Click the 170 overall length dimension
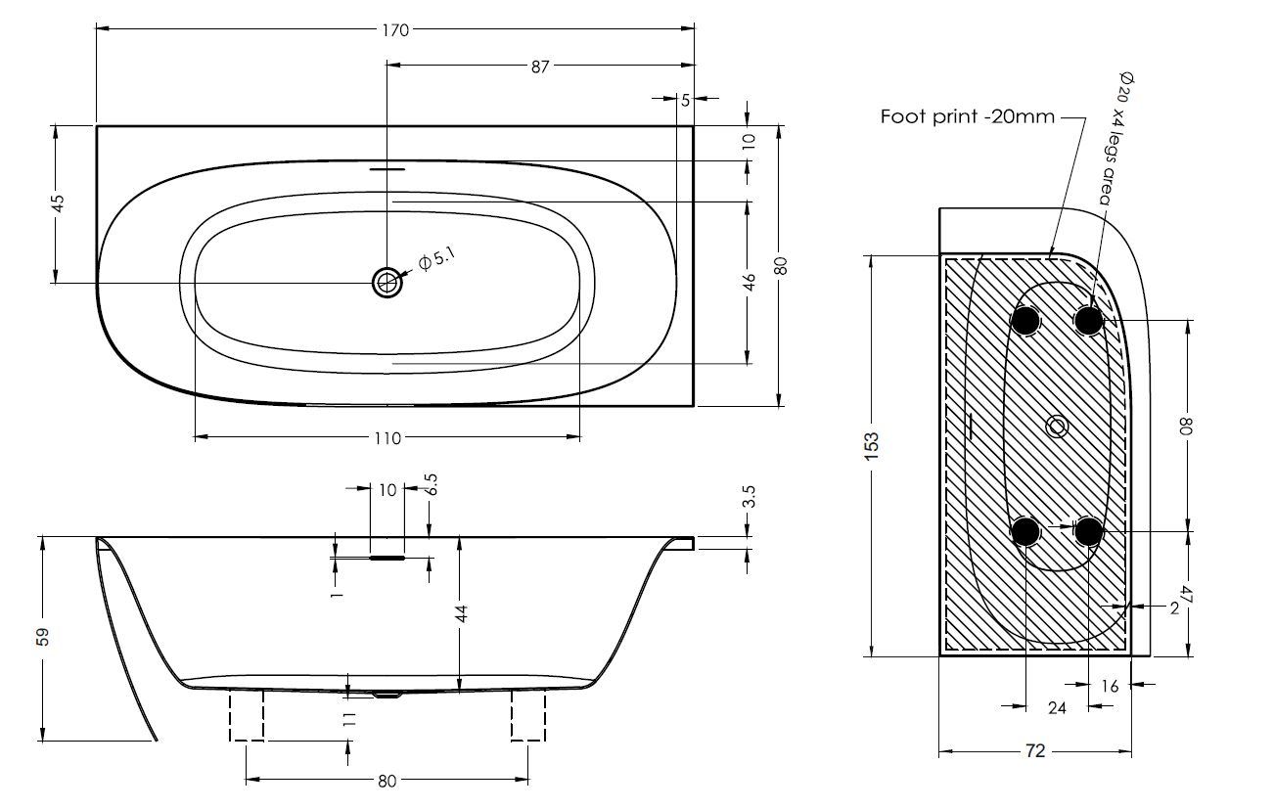pos(395,30)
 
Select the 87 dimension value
pos(540,66)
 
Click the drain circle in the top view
pos(387,283)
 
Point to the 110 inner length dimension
pos(387,437)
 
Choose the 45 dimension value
pos(57,203)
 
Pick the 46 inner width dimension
pos(750,283)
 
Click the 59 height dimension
pos(41,638)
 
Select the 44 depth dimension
pos(462,613)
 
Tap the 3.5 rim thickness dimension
pos(750,497)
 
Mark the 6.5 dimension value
pos(431,485)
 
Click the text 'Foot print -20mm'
pos(967,117)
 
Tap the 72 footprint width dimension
pos(1035,751)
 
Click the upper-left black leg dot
pos(1025,320)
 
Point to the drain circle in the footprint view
pos(1057,427)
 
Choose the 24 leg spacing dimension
pos(1057,708)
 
